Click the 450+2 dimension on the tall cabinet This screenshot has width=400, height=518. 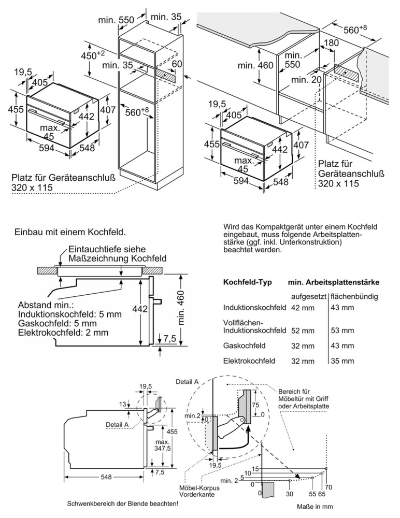coord(93,55)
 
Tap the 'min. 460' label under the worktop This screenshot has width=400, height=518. coord(255,65)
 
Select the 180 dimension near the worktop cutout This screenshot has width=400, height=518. coord(332,42)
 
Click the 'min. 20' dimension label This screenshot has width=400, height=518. coord(306,80)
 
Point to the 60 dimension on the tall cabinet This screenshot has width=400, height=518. coord(177,64)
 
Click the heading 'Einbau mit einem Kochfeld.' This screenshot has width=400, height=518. coord(70,232)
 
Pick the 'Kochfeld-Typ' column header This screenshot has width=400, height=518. coord(248,282)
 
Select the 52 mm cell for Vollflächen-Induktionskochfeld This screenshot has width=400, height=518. coord(303,330)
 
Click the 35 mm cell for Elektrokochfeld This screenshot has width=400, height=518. coord(342,361)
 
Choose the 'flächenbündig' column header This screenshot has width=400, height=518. coord(354,296)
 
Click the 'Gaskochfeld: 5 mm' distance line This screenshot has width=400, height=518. coord(58,323)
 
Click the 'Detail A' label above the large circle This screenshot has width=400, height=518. coord(187,382)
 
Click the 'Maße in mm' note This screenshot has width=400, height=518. coord(315,507)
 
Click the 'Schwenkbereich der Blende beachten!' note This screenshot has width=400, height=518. coord(123,504)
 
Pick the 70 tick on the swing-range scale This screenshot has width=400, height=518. coord(328,487)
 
